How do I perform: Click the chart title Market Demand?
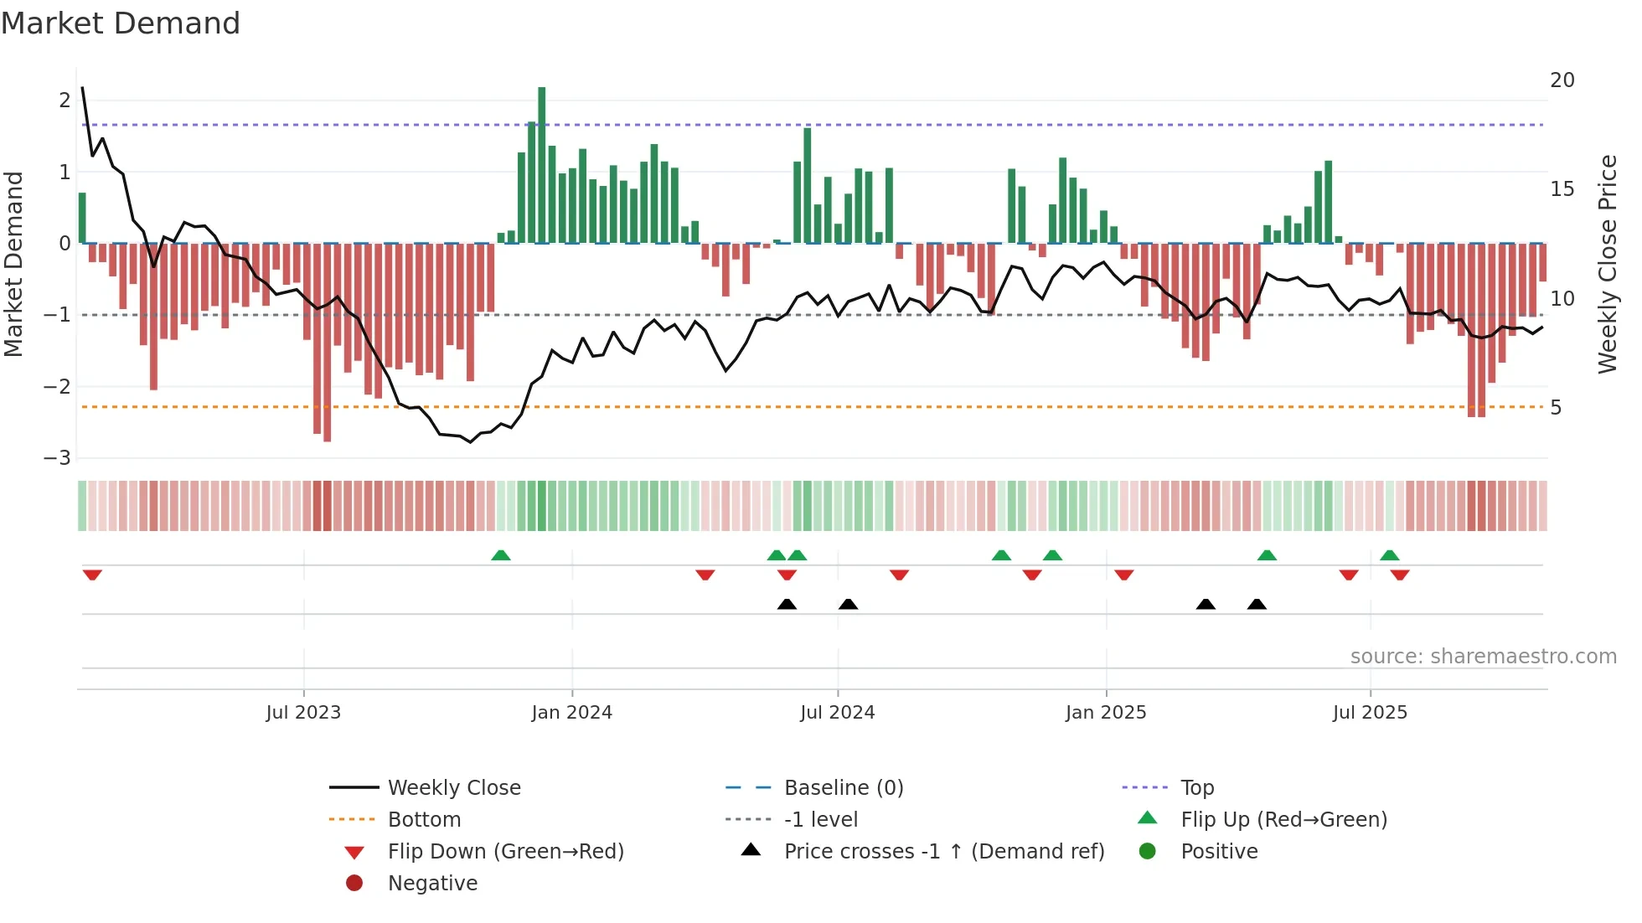point(121,23)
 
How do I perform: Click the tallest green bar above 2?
point(542,163)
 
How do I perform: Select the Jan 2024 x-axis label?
point(571,713)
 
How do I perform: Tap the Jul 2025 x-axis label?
point(1370,713)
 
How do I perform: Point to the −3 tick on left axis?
point(58,458)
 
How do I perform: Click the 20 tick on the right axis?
point(1562,80)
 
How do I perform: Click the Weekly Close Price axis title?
point(1607,264)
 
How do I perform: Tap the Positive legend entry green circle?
point(1148,852)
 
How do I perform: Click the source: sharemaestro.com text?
point(1483,657)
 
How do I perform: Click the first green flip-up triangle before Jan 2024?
point(501,555)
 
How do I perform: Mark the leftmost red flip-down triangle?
point(92,575)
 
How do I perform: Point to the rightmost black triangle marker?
point(1257,604)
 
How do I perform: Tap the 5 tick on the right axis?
point(1556,408)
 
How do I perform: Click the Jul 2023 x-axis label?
point(303,713)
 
